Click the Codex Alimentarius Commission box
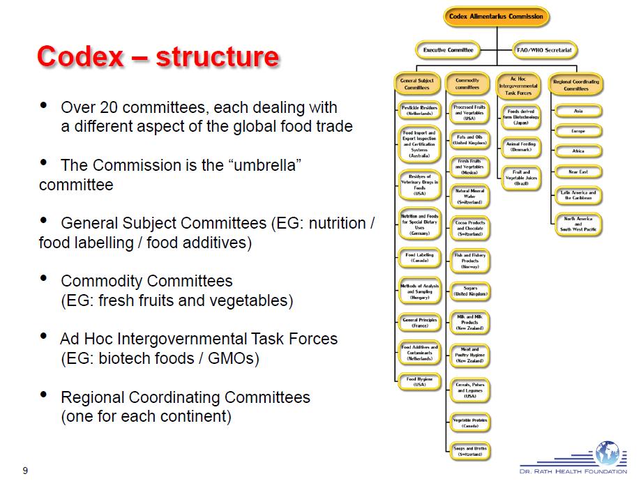click(x=496, y=17)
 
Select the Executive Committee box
click(x=448, y=50)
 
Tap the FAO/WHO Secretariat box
click(x=543, y=50)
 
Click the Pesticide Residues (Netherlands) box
click(x=419, y=111)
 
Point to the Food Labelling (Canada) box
click(x=419, y=258)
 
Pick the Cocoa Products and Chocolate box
click(x=469, y=228)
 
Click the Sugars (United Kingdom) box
click(x=469, y=291)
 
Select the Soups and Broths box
click(x=469, y=451)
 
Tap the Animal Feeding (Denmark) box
click(x=521, y=146)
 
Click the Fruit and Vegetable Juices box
click(x=521, y=177)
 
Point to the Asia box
click(x=578, y=111)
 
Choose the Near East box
click(x=578, y=171)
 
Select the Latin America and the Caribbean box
click(x=578, y=196)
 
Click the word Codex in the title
click(x=77, y=56)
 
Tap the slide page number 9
click(x=25, y=470)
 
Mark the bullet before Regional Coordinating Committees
click(x=45, y=395)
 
